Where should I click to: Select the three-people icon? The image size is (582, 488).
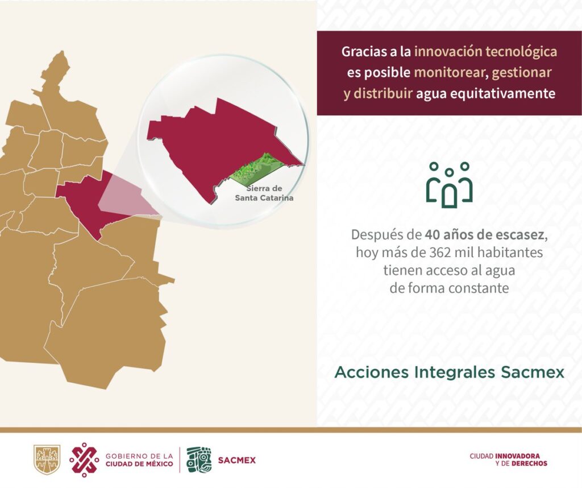point(450,185)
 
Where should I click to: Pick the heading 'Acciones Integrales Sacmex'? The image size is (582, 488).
point(450,372)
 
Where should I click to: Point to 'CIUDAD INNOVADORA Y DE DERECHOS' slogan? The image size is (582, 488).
point(508,460)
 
